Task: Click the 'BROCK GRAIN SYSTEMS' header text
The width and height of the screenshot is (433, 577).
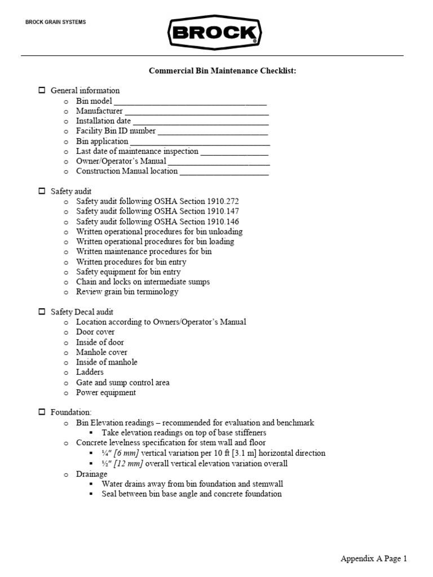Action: (x=56, y=23)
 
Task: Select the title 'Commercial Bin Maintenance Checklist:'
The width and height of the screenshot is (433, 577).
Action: (x=222, y=71)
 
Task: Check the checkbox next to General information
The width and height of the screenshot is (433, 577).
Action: (x=42, y=90)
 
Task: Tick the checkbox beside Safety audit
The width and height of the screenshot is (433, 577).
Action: (x=42, y=192)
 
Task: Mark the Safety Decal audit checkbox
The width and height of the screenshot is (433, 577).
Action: (x=42, y=312)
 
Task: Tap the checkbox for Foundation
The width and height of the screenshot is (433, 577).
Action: (x=42, y=412)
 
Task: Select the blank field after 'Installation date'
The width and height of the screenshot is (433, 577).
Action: (x=200, y=122)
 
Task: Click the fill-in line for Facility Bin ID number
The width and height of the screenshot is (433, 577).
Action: (x=213, y=132)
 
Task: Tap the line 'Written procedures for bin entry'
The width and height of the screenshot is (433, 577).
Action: (x=131, y=262)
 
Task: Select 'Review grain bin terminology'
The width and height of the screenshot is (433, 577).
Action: (x=127, y=292)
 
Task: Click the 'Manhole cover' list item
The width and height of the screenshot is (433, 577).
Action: (x=101, y=352)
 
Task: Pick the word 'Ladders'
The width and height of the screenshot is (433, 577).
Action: (x=90, y=372)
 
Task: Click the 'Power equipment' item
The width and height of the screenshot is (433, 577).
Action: (x=107, y=393)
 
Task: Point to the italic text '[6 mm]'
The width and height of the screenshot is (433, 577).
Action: (x=126, y=453)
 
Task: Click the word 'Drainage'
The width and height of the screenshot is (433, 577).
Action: (x=91, y=474)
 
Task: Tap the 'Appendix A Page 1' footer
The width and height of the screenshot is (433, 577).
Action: (x=373, y=558)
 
